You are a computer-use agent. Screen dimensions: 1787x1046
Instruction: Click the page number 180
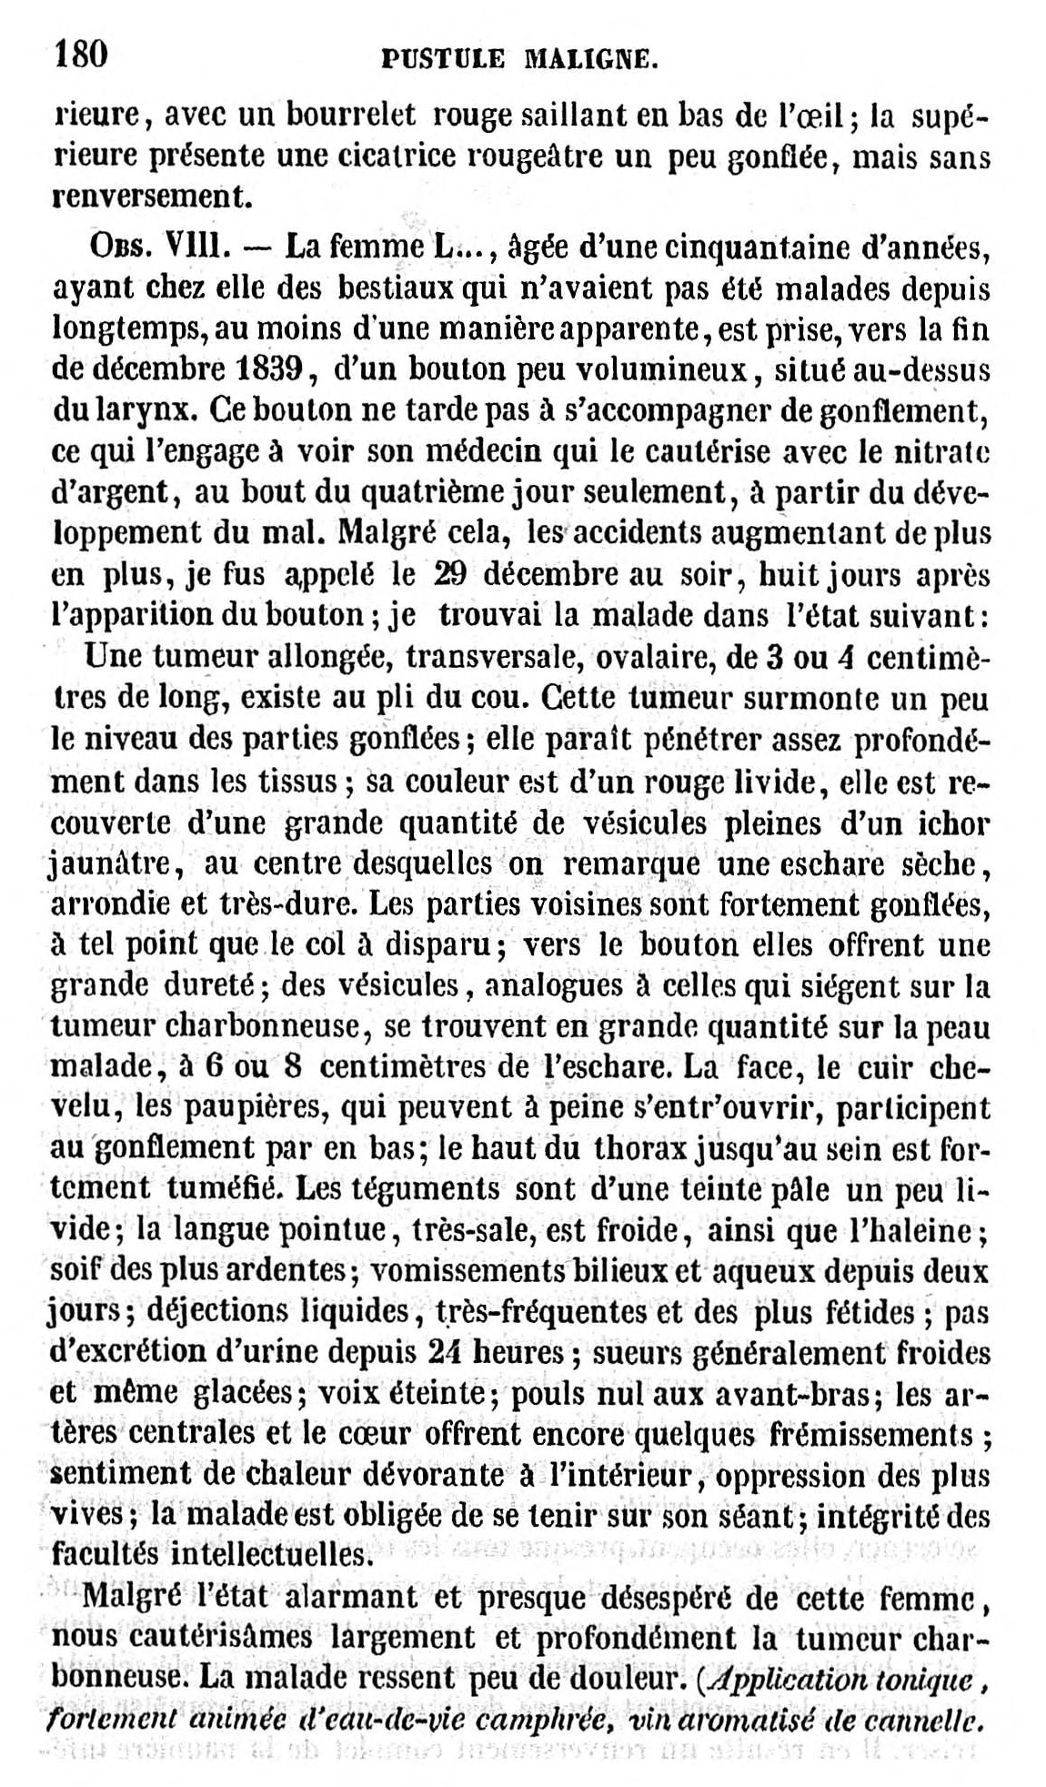tap(82, 55)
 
